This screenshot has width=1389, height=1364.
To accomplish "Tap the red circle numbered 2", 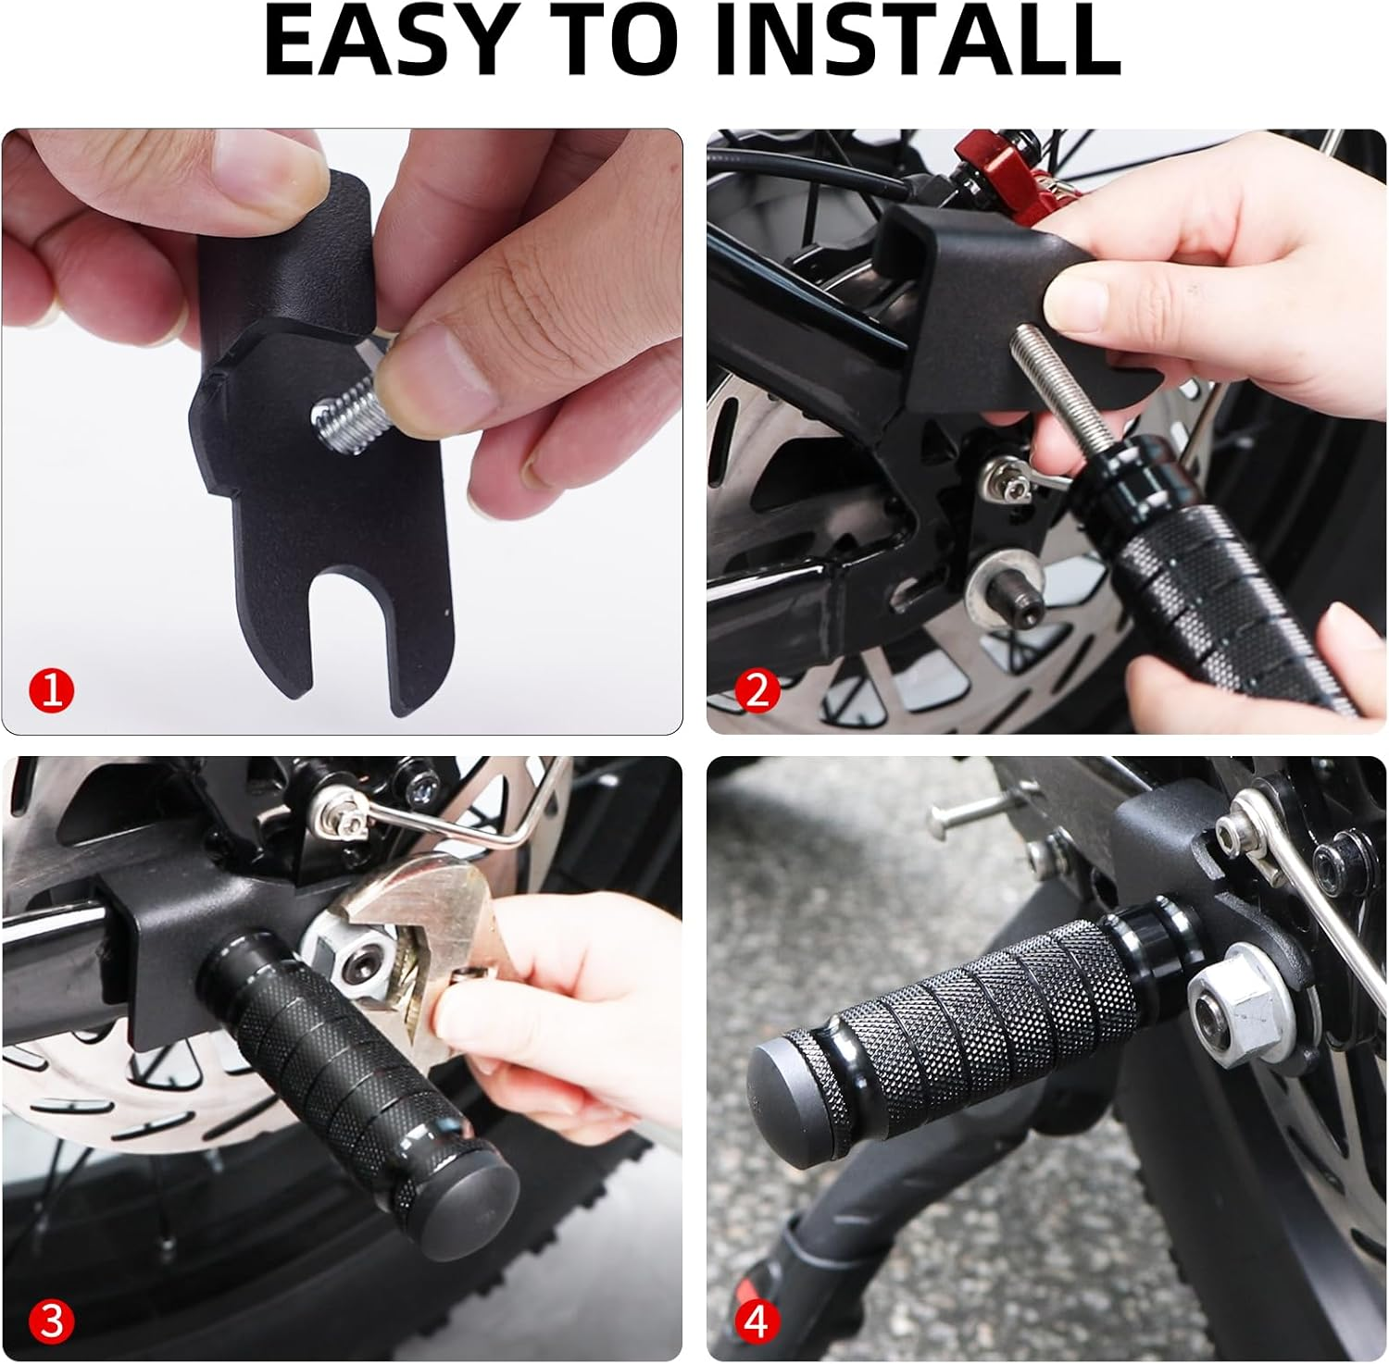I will [757, 690].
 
